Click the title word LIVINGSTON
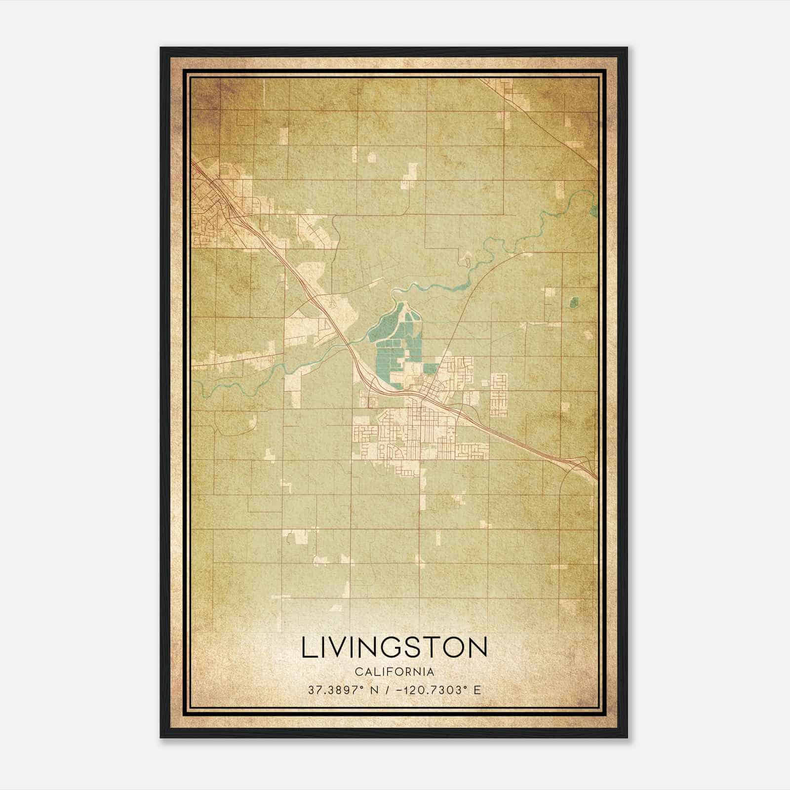(394, 648)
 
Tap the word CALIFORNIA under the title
(394, 672)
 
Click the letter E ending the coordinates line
(476, 690)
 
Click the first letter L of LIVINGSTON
(308, 648)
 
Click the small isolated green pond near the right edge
(574, 302)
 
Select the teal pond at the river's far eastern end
(593, 211)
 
